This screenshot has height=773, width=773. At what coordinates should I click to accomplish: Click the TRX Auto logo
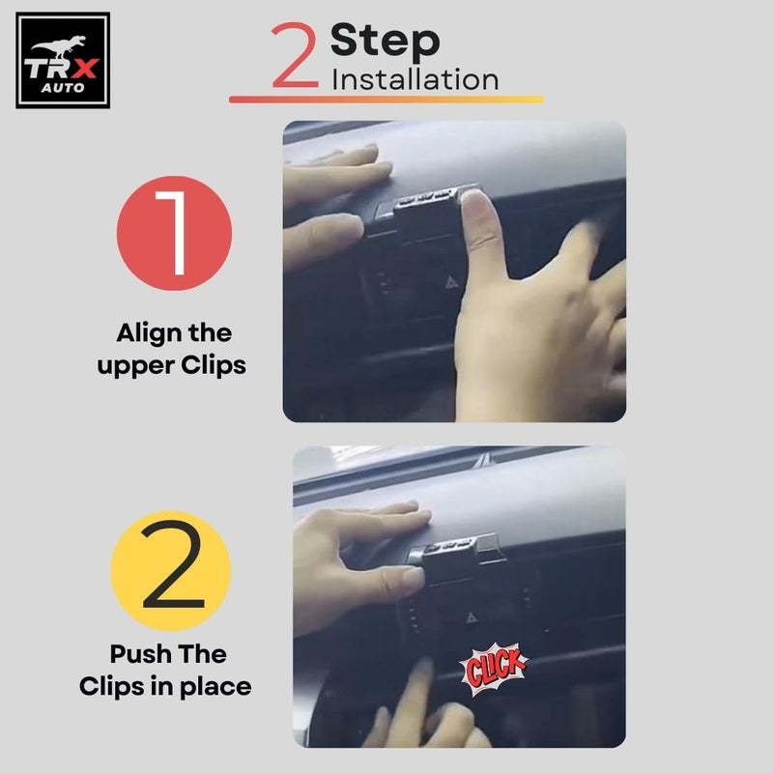click(63, 60)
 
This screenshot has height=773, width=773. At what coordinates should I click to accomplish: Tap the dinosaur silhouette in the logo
click(59, 45)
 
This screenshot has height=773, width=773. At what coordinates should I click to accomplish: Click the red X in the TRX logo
click(85, 69)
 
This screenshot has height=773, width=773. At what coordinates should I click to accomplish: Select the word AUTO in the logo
click(63, 88)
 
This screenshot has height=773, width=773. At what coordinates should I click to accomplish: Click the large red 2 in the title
click(295, 55)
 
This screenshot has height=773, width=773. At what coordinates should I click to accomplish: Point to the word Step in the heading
click(385, 42)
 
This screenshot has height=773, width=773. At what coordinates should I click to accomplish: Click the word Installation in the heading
click(415, 79)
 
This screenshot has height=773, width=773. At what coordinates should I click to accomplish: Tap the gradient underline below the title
click(386, 100)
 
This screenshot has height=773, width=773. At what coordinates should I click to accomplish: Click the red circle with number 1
click(174, 233)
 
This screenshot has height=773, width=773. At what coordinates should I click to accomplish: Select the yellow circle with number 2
click(171, 571)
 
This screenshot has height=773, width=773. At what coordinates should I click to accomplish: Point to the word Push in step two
click(140, 654)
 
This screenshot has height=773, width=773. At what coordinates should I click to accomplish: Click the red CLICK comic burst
click(494, 669)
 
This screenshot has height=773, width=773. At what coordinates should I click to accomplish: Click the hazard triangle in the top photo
click(451, 282)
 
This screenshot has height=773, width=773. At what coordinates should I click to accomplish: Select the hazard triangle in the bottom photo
click(472, 617)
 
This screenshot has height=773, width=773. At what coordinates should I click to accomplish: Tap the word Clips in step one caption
click(214, 366)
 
